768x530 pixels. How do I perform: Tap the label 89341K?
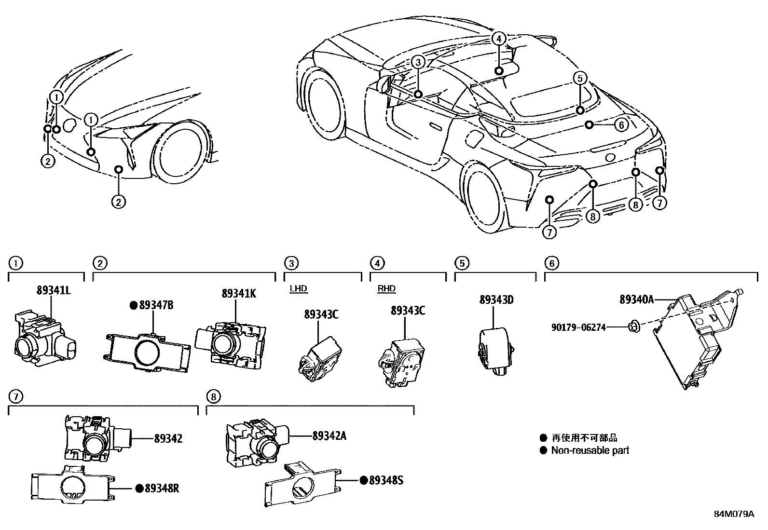pyautogui.click(x=239, y=293)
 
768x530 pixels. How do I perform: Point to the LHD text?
pyautogui.click(x=298, y=289)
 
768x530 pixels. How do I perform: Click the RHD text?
pyautogui.click(x=386, y=289)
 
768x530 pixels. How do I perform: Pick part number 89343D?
pyautogui.click(x=496, y=299)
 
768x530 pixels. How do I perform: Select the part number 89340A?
pyautogui.click(x=636, y=299)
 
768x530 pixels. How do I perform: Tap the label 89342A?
pyautogui.click(x=329, y=435)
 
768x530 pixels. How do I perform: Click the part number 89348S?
pyautogui.click(x=386, y=480)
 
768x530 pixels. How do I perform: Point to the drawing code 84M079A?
pyautogui.click(x=734, y=514)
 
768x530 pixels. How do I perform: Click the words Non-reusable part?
pyautogui.click(x=590, y=450)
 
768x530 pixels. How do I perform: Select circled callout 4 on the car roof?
pyautogui.click(x=499, y=39)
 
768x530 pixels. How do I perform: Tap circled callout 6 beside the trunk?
pyautogui.click(x=621, y=125)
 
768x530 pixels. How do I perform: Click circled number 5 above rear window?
pyautogui.click(x=580, y=78)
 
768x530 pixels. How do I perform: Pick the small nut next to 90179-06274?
pyautogui.click(x=633, y=327)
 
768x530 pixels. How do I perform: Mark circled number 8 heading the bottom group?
pyautogui.click(x=213, y=396)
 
